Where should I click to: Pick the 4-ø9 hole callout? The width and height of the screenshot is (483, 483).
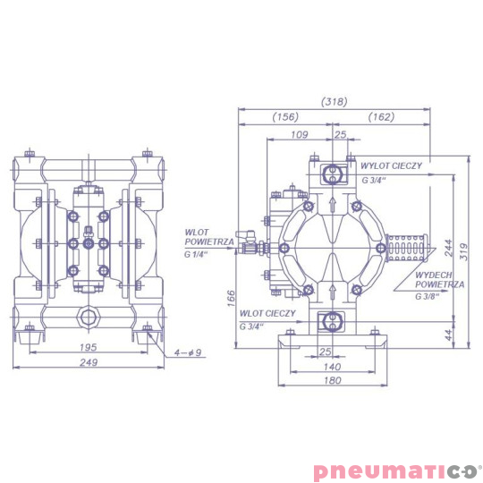190,352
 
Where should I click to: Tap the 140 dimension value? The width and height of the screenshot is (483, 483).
332,366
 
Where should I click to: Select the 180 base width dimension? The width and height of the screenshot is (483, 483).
332,382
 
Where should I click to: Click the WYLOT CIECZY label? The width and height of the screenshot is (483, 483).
391,165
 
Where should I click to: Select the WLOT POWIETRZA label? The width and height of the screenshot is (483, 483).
208,237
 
